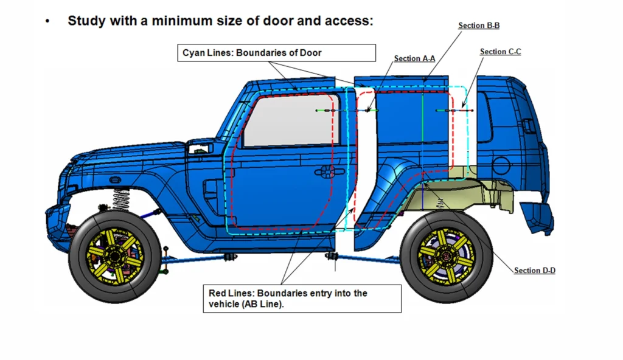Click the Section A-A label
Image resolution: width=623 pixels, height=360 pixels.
coord(414,58)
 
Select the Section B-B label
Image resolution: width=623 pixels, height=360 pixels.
coord(479,26)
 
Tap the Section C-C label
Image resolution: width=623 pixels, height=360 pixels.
coord(500,52)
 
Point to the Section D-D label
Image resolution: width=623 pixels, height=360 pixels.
coord(535,271)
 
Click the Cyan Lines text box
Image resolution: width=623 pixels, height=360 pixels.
coord(277,53)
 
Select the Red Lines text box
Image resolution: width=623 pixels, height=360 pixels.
coord(302,299)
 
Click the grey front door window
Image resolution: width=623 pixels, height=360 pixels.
coord(291,120)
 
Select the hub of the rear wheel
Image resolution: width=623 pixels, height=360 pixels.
coord(446,255)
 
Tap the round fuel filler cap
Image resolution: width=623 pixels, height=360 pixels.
coord(501,165)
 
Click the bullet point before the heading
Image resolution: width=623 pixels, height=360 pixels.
coord(47,21)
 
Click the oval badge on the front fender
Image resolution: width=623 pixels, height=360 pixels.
coord(115,179)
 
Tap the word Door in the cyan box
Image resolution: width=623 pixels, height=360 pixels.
coord(310,53)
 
